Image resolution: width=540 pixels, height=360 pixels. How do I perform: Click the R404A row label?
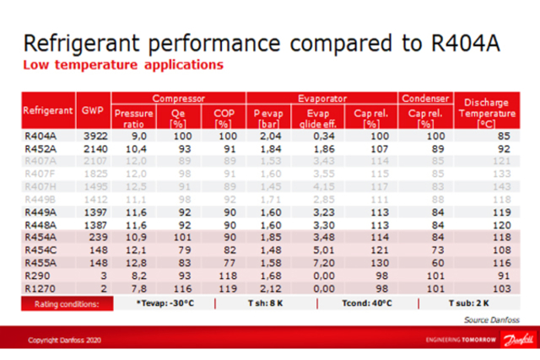click(39, 134)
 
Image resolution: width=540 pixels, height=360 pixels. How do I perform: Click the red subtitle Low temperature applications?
click(123, 64)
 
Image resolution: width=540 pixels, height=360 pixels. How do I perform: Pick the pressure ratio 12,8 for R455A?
click(132, 262)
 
